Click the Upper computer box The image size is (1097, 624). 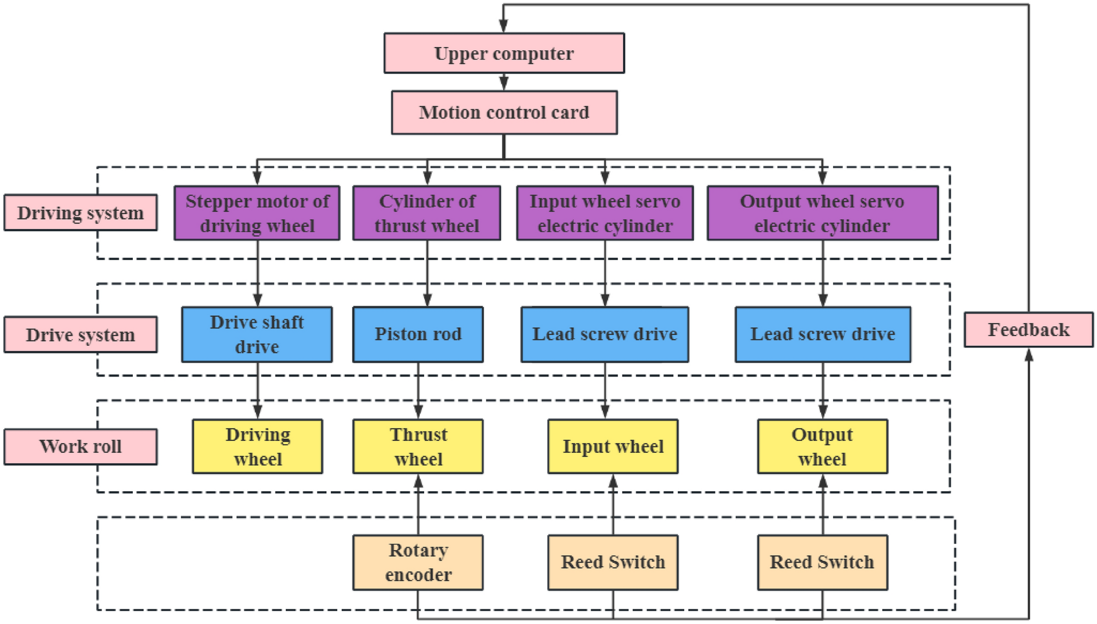[503, 53]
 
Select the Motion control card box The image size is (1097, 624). [503, 113]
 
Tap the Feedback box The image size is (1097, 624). [1028, 329]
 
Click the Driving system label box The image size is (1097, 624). [80, 213]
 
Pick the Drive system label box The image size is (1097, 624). [80, 334]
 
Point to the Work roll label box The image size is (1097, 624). [80, 446]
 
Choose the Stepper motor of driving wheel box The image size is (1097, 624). [256, 213]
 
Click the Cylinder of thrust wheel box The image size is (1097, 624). [426, 213]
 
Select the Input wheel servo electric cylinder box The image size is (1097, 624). [605, 213]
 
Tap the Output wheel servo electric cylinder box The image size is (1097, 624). [822, 213]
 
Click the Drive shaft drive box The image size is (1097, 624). [256, 334]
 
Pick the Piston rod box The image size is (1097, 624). [418, 334]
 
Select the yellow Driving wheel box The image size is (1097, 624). [257, 446]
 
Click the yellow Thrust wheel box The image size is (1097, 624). [418, 446]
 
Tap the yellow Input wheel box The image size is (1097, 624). [613, 446]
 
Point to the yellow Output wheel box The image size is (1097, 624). [822, 446]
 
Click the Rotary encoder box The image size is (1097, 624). [418, 562]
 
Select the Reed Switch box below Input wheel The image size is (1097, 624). [613, 562]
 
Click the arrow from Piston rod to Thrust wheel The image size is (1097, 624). [418, 390]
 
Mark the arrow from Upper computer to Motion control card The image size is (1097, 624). [503, 82]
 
